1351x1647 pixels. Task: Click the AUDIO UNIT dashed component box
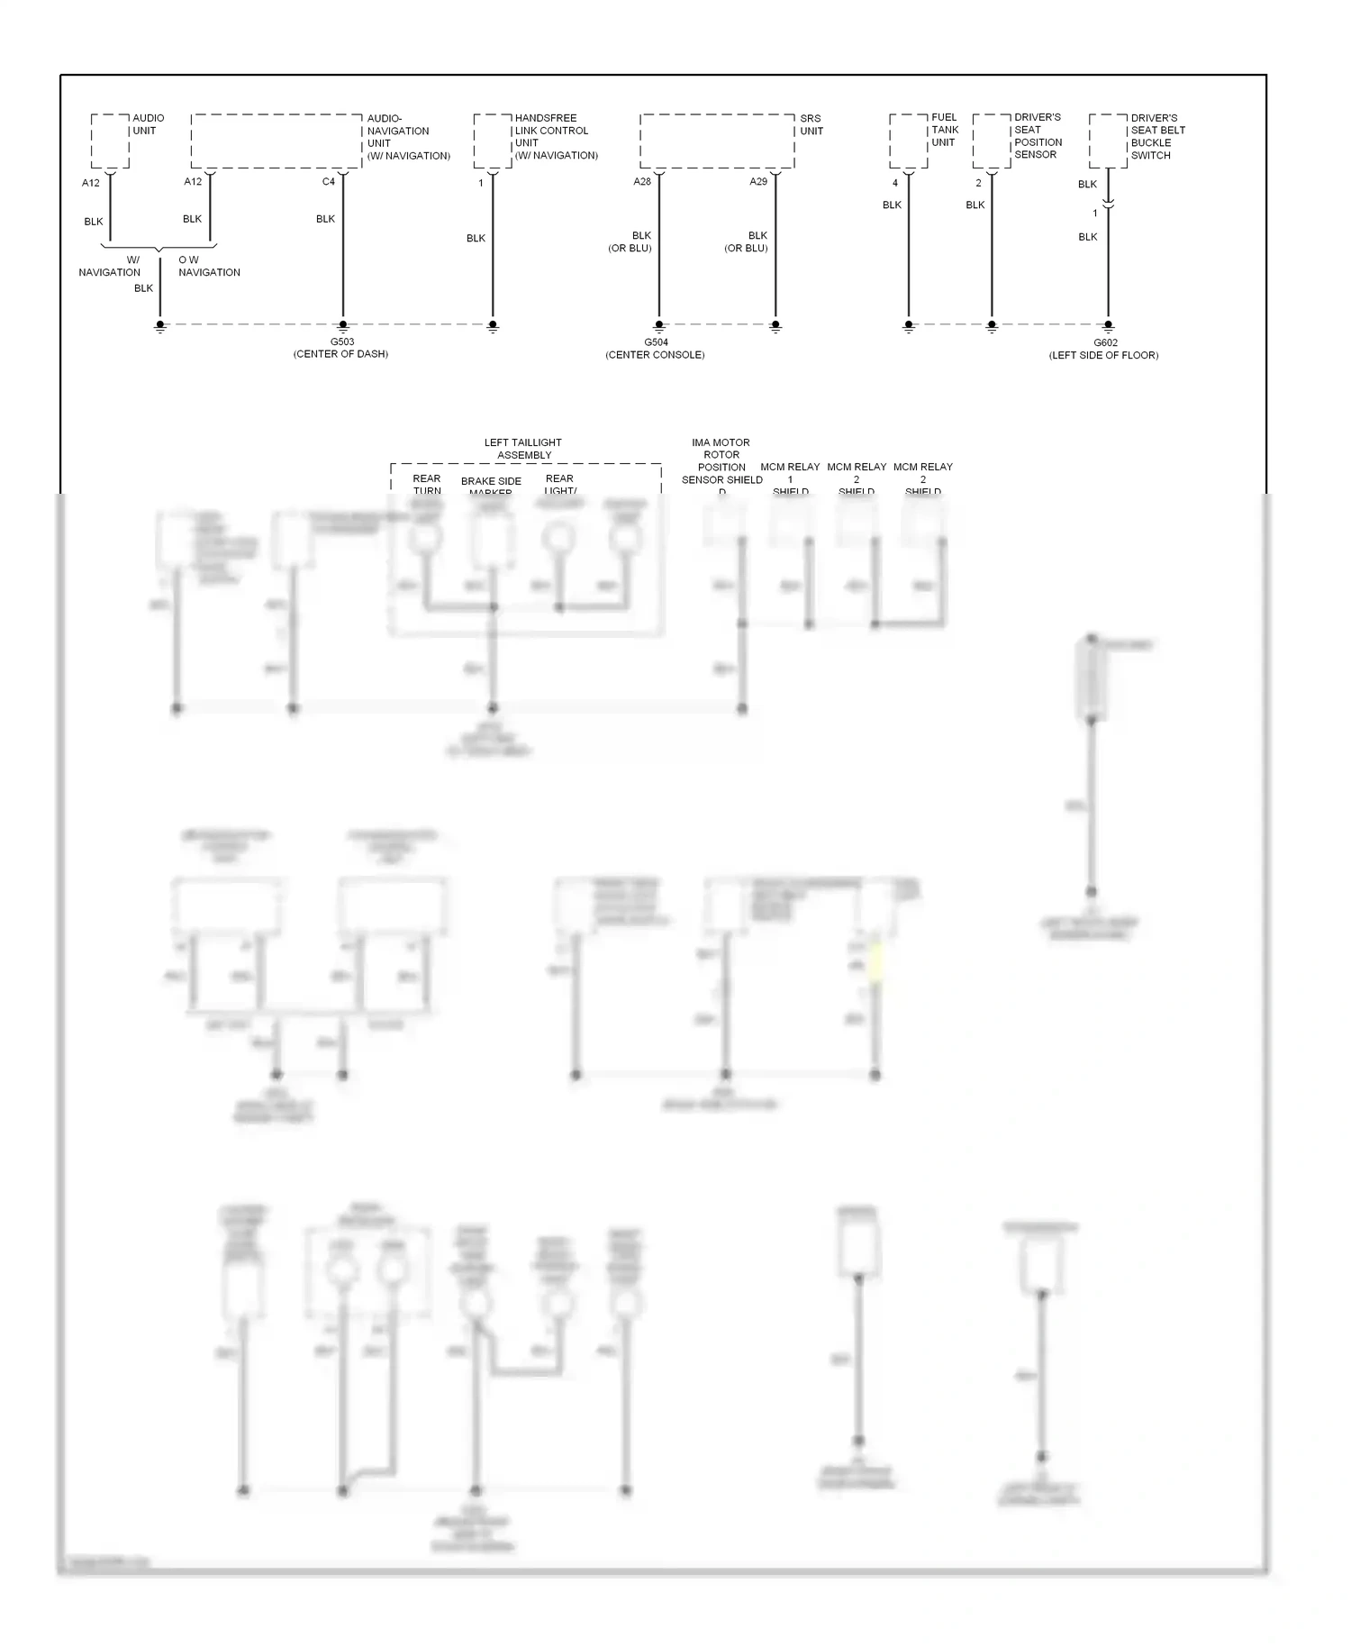coord(110,141)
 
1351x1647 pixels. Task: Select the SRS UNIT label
coord(811,124)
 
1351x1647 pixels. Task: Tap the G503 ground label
coord(342,342)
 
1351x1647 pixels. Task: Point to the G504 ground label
coord(656,342)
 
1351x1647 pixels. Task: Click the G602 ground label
coord(1105,343)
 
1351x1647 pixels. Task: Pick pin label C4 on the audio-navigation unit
coord(329,182)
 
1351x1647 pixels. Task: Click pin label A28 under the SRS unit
coord(642,182)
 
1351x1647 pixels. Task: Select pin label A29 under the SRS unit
coord(758,182)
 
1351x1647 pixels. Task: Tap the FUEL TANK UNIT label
coord(944,130)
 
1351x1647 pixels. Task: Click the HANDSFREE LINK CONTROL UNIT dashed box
coord(493,141)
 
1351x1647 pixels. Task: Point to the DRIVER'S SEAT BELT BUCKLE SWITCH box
coord(1108,141)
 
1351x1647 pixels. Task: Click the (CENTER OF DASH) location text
coord(340,354)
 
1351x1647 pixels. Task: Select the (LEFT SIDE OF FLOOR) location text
coord(1103,355)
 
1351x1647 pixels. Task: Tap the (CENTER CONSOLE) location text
coord(655,355)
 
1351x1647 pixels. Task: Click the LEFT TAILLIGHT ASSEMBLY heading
coord(523,449)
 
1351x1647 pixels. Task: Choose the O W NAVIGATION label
coord(209,266)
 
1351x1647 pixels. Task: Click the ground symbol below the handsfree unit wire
coord(493,328)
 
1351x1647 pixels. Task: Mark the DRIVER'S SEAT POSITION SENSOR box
coord(992,141)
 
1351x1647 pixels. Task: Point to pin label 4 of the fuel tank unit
coord(895,183)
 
